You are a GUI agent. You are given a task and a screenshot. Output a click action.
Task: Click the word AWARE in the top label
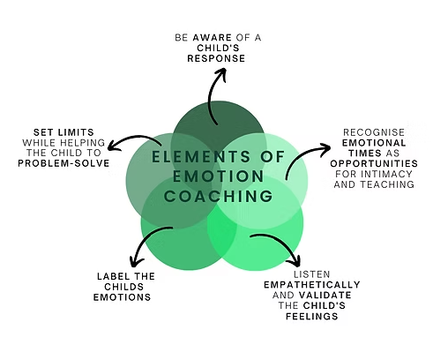point(213,38)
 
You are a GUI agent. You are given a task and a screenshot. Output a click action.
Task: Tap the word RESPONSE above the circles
point(216,58)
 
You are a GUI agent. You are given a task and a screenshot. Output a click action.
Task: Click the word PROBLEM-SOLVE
point(63,163)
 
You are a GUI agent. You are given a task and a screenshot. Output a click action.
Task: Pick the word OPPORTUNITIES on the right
point(374,163)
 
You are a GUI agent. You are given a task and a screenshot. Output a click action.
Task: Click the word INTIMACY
point(386,174)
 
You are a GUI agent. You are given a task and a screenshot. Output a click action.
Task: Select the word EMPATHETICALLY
point(312,285)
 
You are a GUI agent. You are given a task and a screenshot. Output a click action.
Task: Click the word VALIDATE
point(325,295)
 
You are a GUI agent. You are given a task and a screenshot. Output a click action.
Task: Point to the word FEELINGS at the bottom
point(312,316)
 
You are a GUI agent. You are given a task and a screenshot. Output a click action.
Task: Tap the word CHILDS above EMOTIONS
point(124,287)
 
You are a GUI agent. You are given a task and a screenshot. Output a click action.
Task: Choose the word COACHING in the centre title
point(219,196)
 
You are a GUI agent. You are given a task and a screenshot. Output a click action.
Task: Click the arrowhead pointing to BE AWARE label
point(220,73)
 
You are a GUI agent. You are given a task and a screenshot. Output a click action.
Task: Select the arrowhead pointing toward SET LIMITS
point(114,146)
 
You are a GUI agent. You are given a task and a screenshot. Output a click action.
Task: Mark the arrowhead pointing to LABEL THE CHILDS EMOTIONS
point(137,260)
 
